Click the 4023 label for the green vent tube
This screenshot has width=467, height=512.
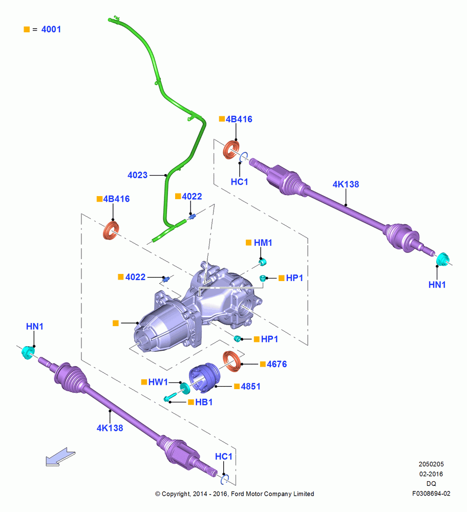point(137,175)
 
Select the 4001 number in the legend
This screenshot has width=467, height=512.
point(51,29)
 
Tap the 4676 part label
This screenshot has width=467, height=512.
point(277,364)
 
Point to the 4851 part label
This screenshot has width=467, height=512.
point(251,386)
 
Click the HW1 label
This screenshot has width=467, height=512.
point(158,382)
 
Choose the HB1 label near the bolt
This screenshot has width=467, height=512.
point(204,402)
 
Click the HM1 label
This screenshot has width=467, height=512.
point(263,243)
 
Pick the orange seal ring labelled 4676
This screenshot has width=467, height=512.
point(232,361)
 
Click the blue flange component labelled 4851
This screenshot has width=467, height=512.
point(204,377)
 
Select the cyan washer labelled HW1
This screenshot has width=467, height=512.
point(185,388)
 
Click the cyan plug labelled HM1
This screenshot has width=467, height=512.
point(263,262)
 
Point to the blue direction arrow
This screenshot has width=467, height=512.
point(60,457)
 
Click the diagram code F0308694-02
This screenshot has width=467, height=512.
point(431,494)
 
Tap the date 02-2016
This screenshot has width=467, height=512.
point(431,474)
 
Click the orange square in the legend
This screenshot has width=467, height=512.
point(27,29)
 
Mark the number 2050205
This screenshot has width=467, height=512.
point(431,464)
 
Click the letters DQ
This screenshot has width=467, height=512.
point(431,484)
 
